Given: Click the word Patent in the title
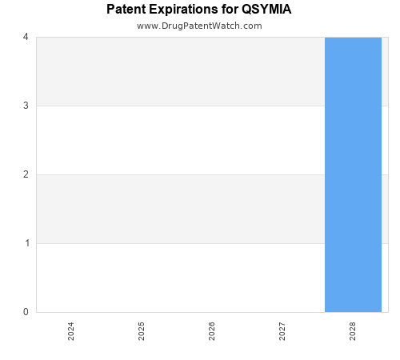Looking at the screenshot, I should point(127,10).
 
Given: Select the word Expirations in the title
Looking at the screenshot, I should point(186,10).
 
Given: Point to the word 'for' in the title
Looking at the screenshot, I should point(230,10).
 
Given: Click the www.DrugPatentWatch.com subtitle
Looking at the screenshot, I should point(199,26).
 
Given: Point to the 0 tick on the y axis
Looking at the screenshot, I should point(26,312).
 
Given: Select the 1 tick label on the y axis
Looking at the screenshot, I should point(26,243).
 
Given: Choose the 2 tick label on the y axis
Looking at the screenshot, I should point(26,174).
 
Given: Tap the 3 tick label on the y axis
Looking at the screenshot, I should point(26,106).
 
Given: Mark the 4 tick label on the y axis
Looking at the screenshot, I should point(26,37).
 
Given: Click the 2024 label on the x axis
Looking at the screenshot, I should point(71,331).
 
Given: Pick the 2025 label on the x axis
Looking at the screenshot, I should point(142,331).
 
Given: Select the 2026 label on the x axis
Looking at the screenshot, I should point(212,331).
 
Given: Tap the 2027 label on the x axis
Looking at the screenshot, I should point(282,331).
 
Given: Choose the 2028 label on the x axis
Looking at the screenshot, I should point(353,331).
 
